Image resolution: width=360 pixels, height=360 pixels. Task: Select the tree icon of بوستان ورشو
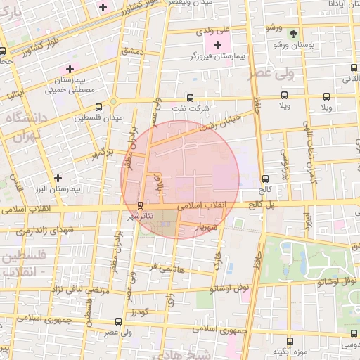point(293,33)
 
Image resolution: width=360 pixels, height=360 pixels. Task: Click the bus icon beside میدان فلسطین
point(98,107)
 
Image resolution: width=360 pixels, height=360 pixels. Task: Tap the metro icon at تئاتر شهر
point(140,205)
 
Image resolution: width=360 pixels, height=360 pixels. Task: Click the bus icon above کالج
point(265,179)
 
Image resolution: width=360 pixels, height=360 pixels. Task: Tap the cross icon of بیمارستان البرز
point(58,178)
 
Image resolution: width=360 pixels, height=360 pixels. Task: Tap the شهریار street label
point(210,226)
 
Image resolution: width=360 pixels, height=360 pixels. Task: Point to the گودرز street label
point(139,310)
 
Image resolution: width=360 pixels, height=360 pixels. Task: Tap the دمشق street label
point(132,51)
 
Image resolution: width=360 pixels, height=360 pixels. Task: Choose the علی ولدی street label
point(213,31)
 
